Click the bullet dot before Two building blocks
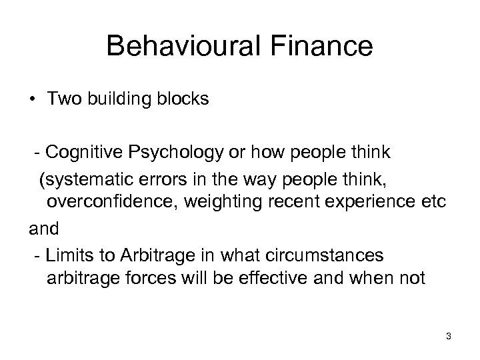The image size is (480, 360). (x=31, y=100)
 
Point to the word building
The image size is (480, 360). (x=114, y=100)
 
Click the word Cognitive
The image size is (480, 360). (x=83, y=153)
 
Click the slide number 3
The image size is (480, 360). (x=449, y=337)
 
